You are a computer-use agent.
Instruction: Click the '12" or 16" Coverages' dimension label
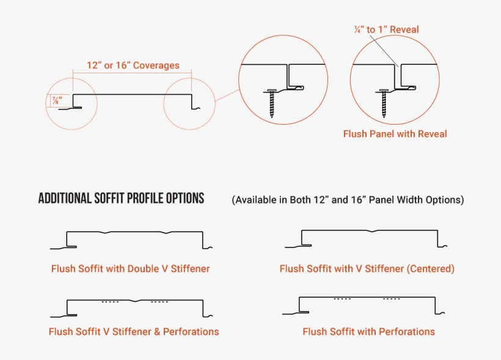click(133, 65)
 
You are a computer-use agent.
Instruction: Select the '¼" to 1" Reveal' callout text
click(386, 29)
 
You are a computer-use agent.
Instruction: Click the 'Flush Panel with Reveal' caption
click(395, 134)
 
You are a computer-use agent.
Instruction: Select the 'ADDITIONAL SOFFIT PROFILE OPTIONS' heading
click(121, 199)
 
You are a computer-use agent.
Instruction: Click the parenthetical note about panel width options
click(348, 200)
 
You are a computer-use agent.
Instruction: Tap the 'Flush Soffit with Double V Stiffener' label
click(130, 268)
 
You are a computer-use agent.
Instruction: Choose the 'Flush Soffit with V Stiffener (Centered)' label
click(367, 268)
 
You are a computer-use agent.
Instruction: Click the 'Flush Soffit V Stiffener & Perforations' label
click(134, 331)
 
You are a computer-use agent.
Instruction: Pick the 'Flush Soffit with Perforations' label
click(368, 331)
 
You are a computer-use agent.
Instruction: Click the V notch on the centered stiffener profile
click(373, 232)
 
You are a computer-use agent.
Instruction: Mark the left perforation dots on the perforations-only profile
click(343, 299)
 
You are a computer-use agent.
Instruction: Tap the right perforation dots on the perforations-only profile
click(392, 299)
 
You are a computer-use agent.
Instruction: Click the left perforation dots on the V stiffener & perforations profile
click(110, 301)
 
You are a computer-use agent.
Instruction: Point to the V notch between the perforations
click(135, 301)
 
